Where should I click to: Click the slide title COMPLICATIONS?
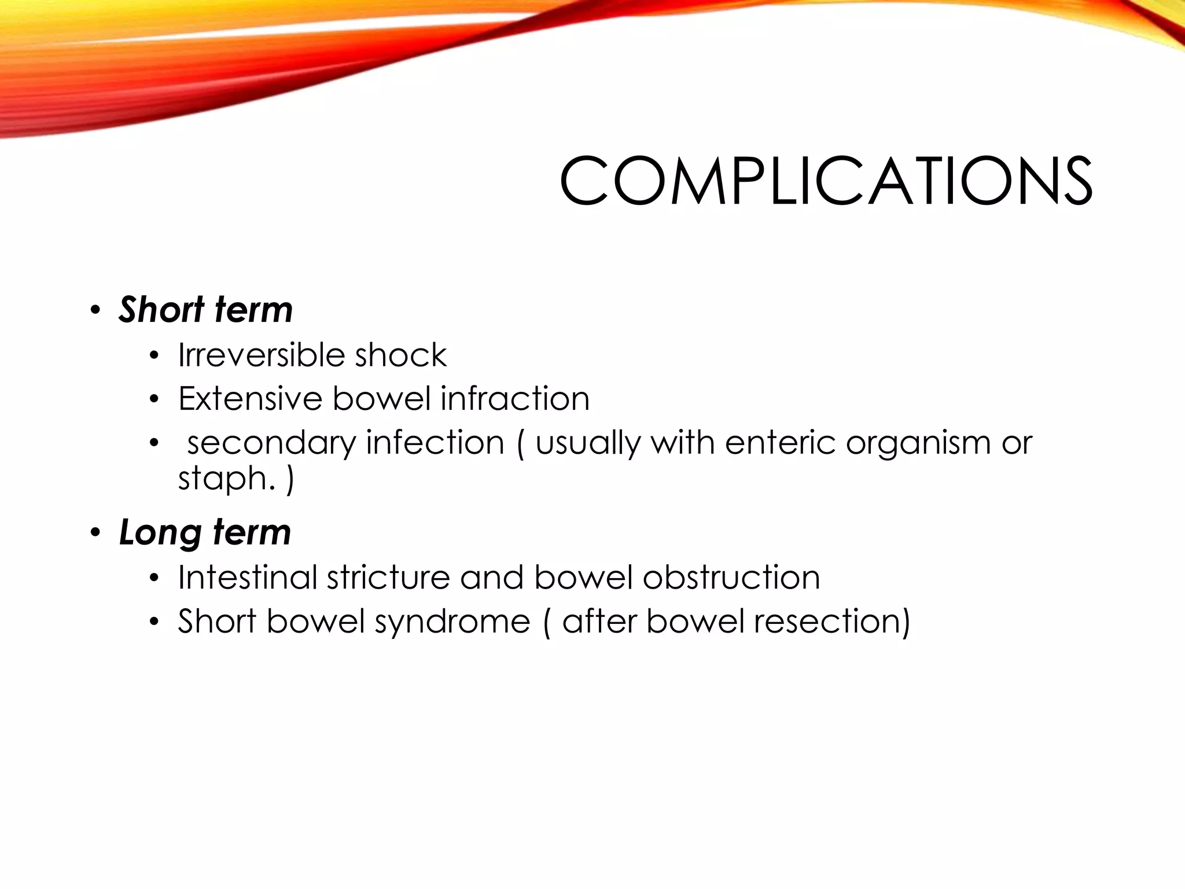pos(826,181)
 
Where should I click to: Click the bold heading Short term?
pos(205,310)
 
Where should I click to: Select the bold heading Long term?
pos(205,532)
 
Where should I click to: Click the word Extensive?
pos(250,399)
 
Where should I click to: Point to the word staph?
pos(226,479)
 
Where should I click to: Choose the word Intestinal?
pos(248,578)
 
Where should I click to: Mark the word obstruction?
pos(731,578)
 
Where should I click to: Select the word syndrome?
pos(452,622)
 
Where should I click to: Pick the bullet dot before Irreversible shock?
pos(153,356)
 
